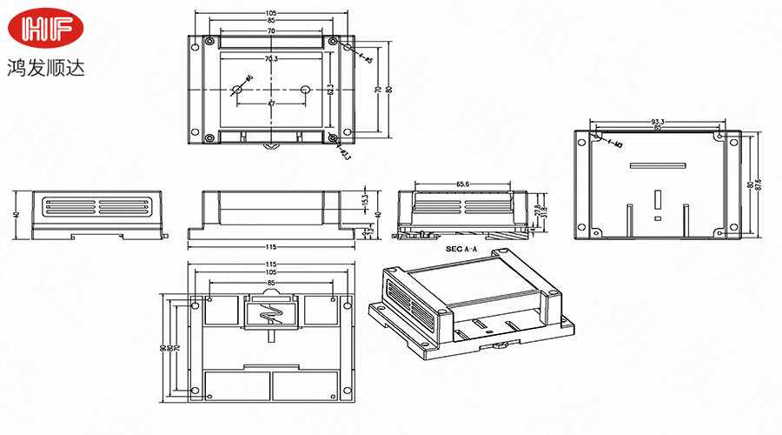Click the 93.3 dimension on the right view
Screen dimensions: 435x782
pos(658,121)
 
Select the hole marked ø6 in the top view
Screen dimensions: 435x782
pos(237,90)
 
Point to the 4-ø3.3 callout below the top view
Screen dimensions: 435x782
pos(344,155)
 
